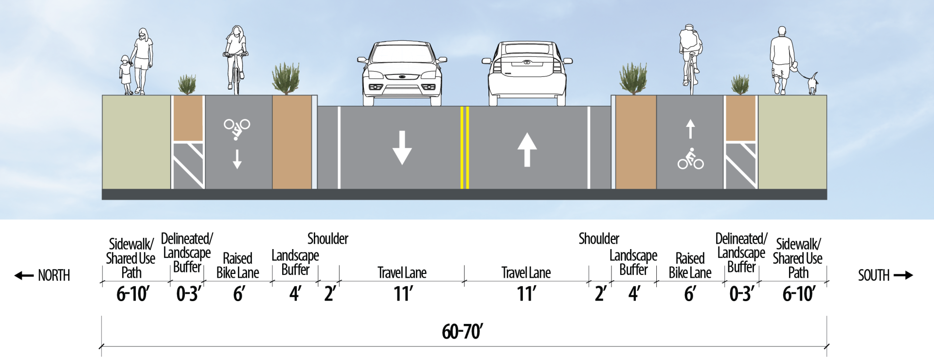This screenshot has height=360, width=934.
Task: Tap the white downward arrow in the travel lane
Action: (x=402, y=147)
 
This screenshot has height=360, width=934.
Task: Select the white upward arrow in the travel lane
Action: (x=527, y=149)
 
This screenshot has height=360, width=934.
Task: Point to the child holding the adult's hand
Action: (x=126, y=75)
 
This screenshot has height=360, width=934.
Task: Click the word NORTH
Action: (x=54, y=275)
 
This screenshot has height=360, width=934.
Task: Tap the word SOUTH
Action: (x=874, y=275)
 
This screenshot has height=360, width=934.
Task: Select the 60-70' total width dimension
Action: (x=462, y=332)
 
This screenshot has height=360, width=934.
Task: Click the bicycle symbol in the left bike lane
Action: (x=237, y=128)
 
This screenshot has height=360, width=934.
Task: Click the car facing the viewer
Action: (x=402, y=73)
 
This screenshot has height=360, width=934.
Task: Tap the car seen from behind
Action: (x=527, y=73)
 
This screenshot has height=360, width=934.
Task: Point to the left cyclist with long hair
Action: (x=236, y=58)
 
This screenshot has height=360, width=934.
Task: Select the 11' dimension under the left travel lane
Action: (x=403, y=294)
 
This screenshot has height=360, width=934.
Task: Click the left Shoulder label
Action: (x=327, y=239)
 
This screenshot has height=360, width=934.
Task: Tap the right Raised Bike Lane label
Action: (x=690, y=266)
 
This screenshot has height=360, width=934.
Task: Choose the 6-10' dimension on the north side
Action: (x=132, y=294)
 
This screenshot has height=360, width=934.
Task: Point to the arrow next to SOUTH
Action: (x=903, y=275)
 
